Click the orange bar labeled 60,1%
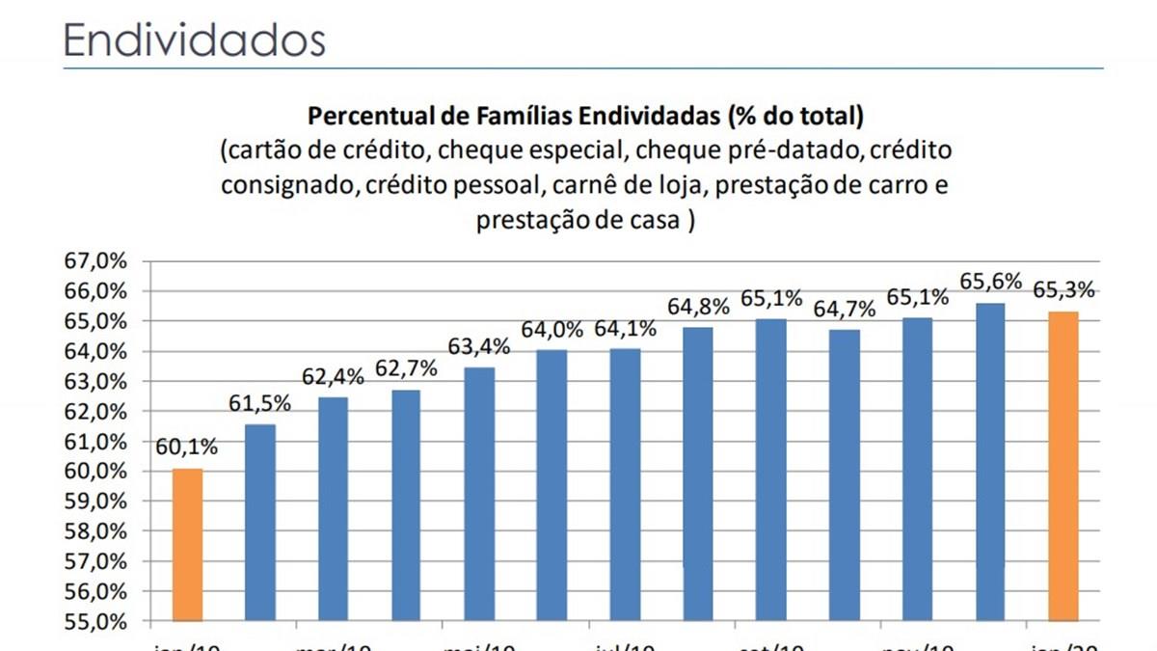tap(187, 545)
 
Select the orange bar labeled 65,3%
tap(1063, 466)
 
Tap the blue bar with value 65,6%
tap(990, 462)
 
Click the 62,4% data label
tap(334, 377)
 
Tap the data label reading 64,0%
tap(552, 330)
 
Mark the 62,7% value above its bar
tap(406, 368)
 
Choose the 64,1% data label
tap(626, 328)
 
